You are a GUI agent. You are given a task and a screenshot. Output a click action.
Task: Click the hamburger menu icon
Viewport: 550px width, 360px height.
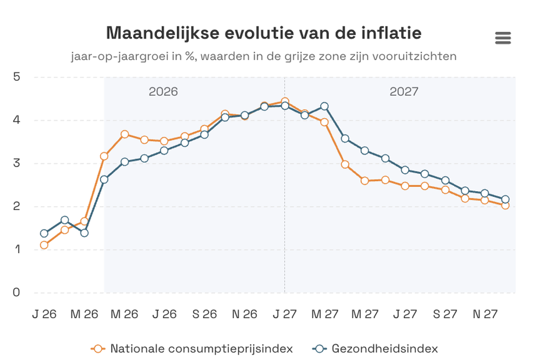pyautogui.click(x=503, y=38)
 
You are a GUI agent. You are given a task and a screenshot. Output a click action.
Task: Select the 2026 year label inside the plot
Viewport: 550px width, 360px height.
pyautogui.click(x=163, y=91)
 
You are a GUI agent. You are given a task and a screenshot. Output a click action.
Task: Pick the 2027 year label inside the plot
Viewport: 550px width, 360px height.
pyautogui.click(x=404, y=91)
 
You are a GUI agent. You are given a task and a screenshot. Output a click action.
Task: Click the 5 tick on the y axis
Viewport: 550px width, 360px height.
pyautogui.click(x=16, y=77)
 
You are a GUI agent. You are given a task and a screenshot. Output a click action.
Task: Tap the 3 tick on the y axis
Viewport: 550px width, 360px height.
pyautogui.click(x=16, y=163)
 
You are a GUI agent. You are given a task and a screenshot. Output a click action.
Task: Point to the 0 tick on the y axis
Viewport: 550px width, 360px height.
pyautogui.click(x=16, y=292)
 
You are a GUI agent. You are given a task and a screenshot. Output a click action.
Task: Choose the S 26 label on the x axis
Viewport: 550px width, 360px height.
pyautogui.click(x=204, y=314)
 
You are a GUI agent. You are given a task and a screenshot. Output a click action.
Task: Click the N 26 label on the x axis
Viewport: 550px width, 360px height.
pyautogui.click(x=245, y=314)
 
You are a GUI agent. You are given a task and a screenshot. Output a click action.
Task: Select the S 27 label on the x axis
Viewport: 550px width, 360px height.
pyautogui.click(x=445, y=314)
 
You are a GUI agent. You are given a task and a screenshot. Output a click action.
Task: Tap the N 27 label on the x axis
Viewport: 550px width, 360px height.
pyautogui.click(x=485, y=314)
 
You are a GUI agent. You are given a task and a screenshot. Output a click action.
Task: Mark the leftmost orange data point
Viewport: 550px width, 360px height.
pyautogui.click(x=44, y=245)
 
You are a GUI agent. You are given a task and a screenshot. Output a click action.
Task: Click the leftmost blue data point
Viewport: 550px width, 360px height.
pyautogui.click(x=44, y=233)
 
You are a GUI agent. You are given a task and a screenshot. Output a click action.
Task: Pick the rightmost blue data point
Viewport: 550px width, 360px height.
pyautogui.click(x=505, y=200)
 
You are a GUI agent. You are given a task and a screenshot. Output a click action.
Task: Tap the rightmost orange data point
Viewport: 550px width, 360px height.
pyautogui.click(x=505, y=206)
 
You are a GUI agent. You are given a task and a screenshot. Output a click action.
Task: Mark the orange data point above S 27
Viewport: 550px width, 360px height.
pyautogui.click(x=445, y=190)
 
